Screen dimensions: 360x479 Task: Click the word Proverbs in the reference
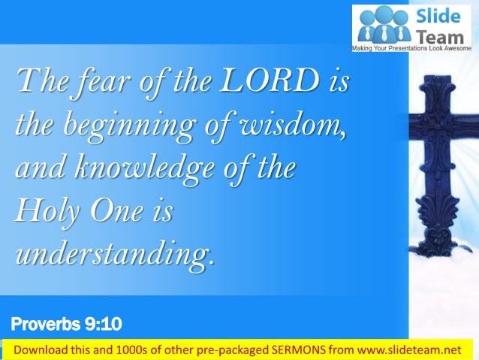tap(44, 325)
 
